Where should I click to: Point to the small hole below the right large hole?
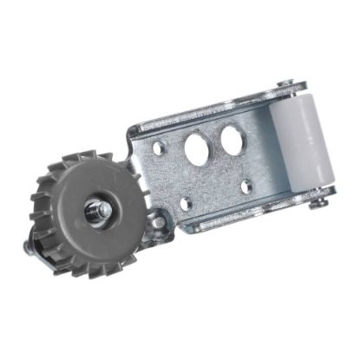tap(247, 185)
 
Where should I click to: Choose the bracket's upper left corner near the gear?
tap(132, 130)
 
